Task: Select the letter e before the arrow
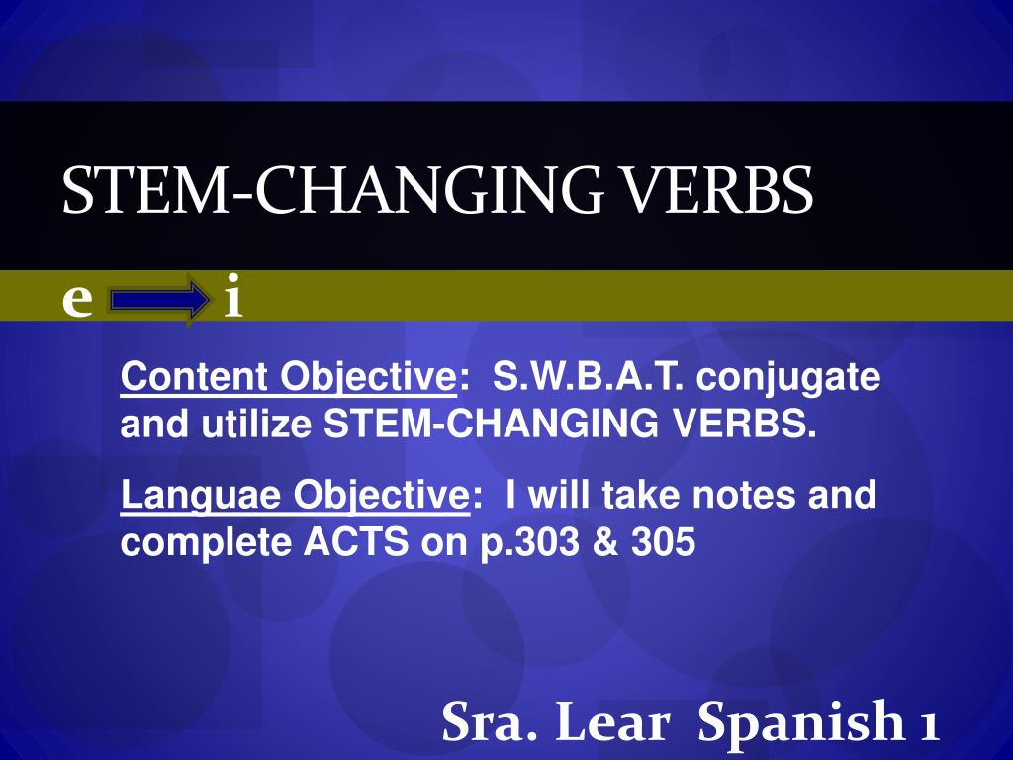pos(77,301)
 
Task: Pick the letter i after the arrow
pos(233,296)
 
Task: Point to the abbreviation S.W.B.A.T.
pos(588,376)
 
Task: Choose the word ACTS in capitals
pos(356,541)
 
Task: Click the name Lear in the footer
pos(611,721)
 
